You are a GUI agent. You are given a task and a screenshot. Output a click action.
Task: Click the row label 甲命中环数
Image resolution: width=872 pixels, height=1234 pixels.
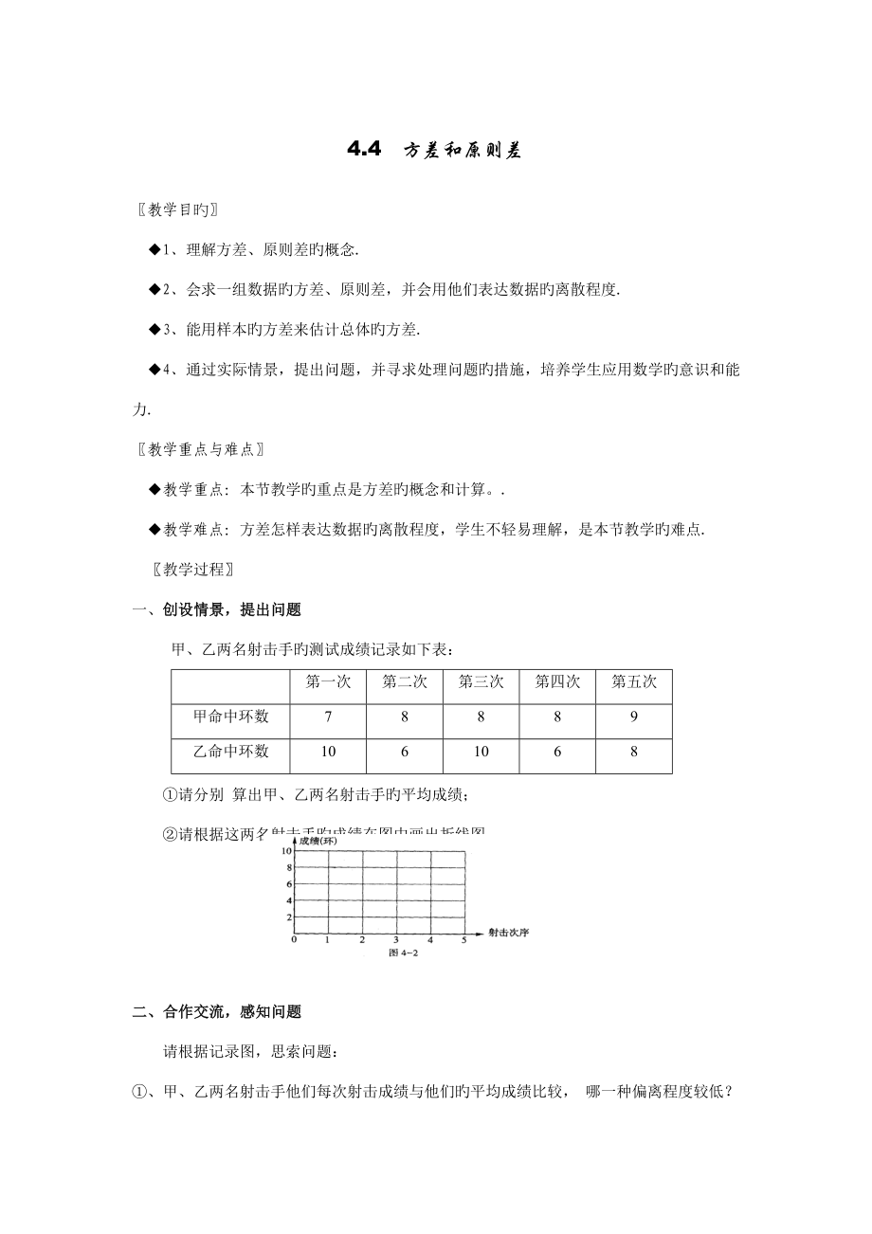point(230,717)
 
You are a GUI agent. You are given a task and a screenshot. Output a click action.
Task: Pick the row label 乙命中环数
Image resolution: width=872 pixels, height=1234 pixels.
point(230,752)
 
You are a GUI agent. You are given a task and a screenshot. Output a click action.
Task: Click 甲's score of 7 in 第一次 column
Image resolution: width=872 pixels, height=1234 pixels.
point(328,717)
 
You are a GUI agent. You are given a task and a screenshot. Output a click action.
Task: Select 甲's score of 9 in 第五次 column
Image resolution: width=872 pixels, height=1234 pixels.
point(633,717)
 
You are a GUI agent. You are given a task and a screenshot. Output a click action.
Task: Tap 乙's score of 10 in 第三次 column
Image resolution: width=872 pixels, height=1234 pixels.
point(481,752)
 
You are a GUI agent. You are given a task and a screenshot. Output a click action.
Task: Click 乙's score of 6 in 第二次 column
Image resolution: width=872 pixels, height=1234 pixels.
point(404,752)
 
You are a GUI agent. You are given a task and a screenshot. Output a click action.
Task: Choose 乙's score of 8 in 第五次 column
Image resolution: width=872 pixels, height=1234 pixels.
point(633,752)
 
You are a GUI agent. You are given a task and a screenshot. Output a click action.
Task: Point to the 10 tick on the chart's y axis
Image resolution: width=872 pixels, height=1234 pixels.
point(285,851)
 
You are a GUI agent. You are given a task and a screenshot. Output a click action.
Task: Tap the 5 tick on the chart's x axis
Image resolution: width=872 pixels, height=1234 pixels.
point(464,940)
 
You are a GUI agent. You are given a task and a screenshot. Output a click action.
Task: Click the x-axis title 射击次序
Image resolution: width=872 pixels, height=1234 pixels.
point(508,933)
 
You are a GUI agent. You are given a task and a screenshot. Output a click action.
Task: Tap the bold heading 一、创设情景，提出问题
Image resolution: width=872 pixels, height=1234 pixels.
point(217,611)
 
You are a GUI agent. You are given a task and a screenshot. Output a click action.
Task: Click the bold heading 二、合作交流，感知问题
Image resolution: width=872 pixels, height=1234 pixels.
point(217,1012)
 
